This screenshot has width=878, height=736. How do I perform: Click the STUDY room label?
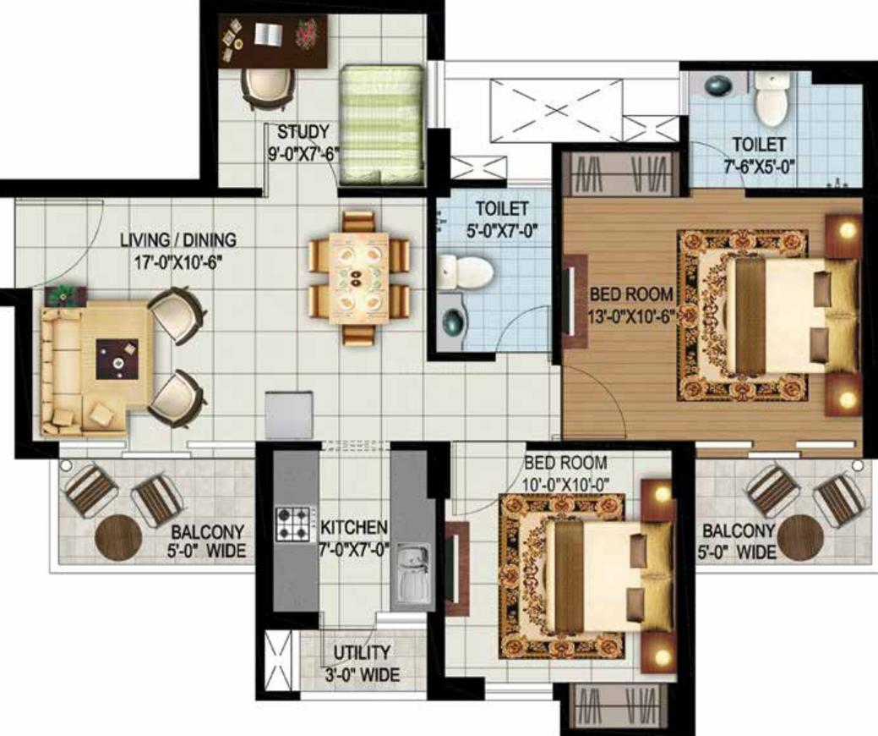[303, 132]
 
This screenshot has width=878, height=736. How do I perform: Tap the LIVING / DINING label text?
[178, 239]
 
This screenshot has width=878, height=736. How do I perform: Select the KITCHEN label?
[353, 528]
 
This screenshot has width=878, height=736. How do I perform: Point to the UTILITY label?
[362, 653]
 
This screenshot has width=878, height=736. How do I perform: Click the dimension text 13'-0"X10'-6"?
[630, 317]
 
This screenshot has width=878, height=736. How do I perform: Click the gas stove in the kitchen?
[292, 525]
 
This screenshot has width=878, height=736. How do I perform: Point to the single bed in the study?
[381, 124]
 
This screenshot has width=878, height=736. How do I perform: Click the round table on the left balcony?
[117, 536]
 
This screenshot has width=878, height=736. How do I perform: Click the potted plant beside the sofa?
[66, 294]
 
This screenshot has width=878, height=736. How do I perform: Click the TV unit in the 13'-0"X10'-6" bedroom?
[575, 301]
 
